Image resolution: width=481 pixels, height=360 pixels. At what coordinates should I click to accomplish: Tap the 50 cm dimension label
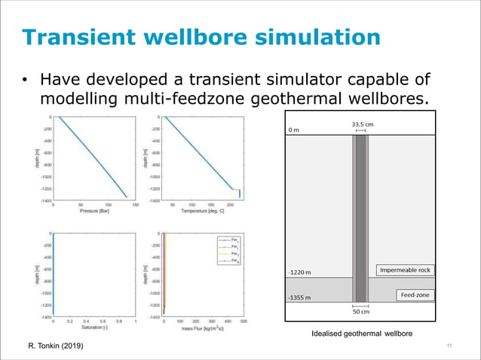361,311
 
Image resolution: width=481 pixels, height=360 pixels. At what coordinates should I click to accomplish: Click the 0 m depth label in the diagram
294,130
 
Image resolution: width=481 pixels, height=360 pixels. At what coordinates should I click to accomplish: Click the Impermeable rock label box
406,270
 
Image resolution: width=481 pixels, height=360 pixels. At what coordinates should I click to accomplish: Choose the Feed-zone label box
415,294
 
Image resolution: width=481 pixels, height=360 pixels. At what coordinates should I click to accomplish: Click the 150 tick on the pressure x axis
136,204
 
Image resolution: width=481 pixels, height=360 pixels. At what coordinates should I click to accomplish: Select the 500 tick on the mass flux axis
244,322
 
